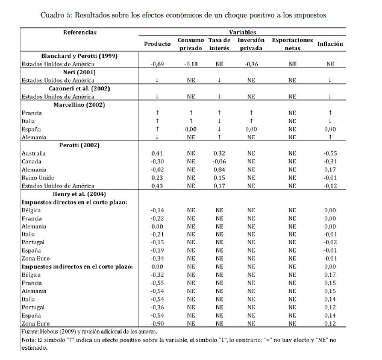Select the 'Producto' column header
pos(157,44)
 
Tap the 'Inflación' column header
pos(330,44)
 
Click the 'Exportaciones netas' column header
pos(292,44)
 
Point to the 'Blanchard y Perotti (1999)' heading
pos(79,55)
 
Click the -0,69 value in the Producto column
pos(157,63)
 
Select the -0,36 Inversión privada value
pos(251,63)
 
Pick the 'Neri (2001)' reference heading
pos(79,72)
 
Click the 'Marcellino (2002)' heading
pos(79,104)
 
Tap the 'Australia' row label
pos(33,153)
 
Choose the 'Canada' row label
pos(31,162)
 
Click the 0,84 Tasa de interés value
pos(219,169)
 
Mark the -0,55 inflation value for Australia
pos(330,153)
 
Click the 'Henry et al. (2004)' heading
pos(79,194)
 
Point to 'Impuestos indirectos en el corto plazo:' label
pos(77,266)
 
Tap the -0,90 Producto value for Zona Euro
pos(157,323)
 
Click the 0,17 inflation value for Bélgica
pos(330,274)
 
